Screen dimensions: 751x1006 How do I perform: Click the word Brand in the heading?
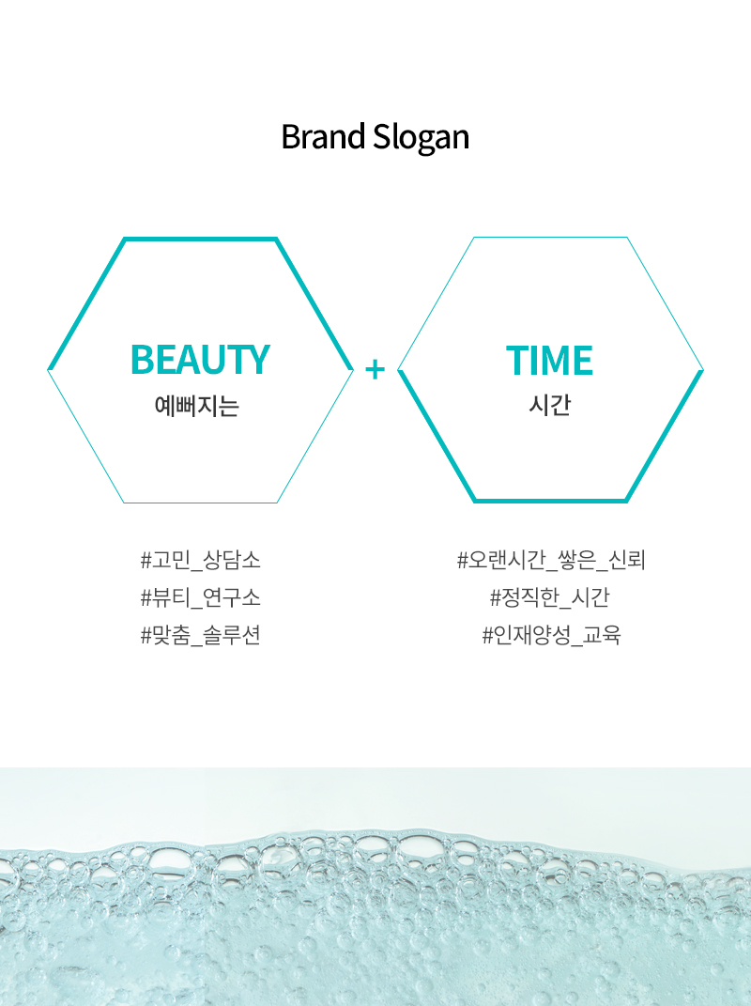tap(323, 136)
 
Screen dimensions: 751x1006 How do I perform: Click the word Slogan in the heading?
tap(421, 137)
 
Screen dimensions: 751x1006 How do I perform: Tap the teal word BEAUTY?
tap(200, 359)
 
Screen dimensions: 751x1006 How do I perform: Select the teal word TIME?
tap(549, 360)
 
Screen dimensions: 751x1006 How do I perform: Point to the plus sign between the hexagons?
tap(375, 369)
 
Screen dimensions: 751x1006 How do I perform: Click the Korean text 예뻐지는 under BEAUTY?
tap(197, 406)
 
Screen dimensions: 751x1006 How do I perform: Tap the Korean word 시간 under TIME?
tap(549, 405)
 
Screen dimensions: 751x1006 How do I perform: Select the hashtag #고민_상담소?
tap(201, 560)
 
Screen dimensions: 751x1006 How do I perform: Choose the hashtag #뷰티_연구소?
tap(201, 598)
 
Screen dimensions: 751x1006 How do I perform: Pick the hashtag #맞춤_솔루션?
tap(201, 635)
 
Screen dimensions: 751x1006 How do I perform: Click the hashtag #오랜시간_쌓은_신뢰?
tap(551, 560)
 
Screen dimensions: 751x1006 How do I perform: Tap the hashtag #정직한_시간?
tap(549, 598)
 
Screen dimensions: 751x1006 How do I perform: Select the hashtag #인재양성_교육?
tap(552, 635)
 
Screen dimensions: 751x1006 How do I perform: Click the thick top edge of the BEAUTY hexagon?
tap(200, 240)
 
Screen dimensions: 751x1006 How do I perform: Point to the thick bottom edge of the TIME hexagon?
tap(550, 501)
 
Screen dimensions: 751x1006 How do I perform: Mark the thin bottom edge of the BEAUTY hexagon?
tap(200, 503)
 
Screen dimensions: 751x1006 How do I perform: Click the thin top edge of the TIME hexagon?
tap(550, 238)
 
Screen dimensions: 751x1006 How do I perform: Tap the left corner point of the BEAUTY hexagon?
tap(48, 370)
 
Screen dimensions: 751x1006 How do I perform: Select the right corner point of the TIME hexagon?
tap(703, 370)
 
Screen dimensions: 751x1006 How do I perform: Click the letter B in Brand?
tap(290, 137)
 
